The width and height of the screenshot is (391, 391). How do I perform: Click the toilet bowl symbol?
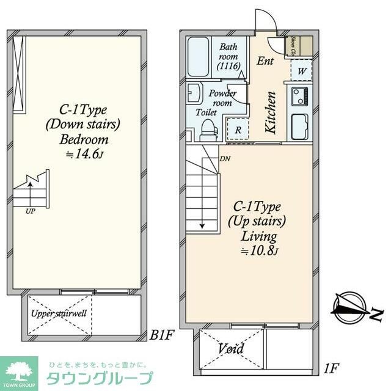point(208,130)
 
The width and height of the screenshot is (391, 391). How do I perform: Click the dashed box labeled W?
point(302,70)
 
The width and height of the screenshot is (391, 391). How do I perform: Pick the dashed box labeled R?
point(238,130)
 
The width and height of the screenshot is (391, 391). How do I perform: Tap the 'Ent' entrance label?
point(265,61)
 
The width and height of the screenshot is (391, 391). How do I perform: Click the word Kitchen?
point(271,112)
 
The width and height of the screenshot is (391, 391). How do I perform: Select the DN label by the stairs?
point(225,158)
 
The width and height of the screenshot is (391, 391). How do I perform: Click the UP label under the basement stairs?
point(31,211)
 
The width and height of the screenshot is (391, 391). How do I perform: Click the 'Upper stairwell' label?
point(59,313)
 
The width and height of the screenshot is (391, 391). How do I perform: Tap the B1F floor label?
point(163,335)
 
